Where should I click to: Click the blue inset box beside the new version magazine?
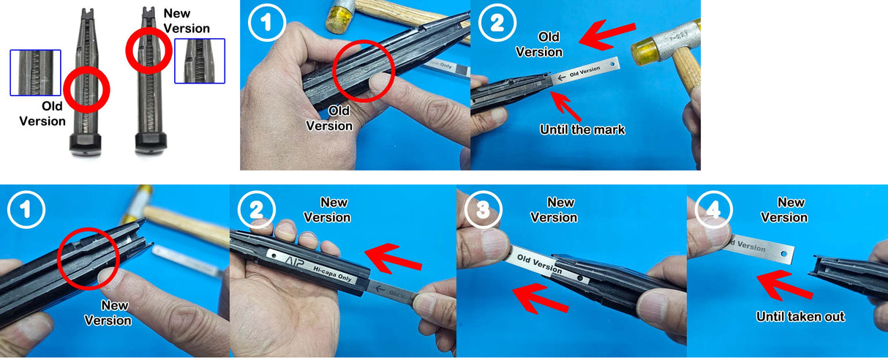200,61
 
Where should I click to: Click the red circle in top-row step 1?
364,72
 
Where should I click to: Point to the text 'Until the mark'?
582,130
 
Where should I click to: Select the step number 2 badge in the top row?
497,24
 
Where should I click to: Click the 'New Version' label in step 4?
783,209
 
